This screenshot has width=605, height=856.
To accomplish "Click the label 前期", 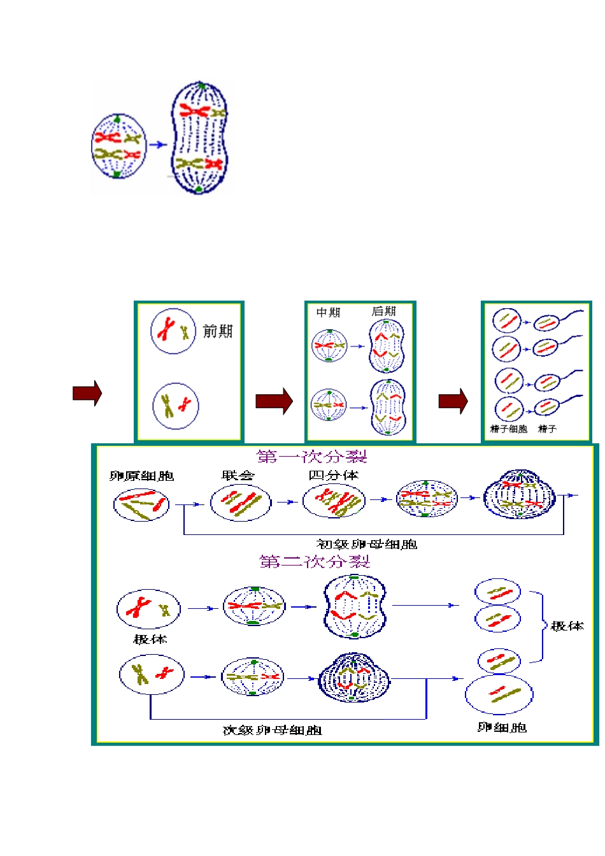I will point(217,331).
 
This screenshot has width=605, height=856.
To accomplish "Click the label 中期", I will point(329,312).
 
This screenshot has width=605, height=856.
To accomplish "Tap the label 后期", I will point(383,311).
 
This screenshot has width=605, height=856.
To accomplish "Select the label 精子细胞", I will point(508,429).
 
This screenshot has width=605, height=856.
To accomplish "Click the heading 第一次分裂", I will point(312,456).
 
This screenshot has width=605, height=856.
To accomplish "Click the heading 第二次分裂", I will point(315,561).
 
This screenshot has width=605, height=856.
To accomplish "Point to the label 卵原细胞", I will point(141,476).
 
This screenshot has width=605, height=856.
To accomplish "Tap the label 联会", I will point(238,475).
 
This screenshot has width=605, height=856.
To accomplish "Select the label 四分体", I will point(333,475).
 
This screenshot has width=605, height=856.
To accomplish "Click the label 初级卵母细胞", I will point(366,544).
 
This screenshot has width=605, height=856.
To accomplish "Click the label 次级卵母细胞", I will point(272,730).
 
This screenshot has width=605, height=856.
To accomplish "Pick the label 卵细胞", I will point(502,727).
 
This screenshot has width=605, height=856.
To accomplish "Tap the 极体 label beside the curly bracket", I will point(567,626).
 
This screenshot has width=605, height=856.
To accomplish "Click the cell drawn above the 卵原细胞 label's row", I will point(141,505).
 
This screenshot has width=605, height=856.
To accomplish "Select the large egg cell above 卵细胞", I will point(499,695).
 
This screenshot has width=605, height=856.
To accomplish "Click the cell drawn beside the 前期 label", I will point(173,331).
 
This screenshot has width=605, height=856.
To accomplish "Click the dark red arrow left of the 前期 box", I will point(87,393).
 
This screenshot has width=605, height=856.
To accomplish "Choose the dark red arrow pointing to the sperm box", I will point(453,401).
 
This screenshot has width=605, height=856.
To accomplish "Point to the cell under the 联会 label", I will point(241,503).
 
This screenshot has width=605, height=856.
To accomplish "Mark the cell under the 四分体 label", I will point(334,501).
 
